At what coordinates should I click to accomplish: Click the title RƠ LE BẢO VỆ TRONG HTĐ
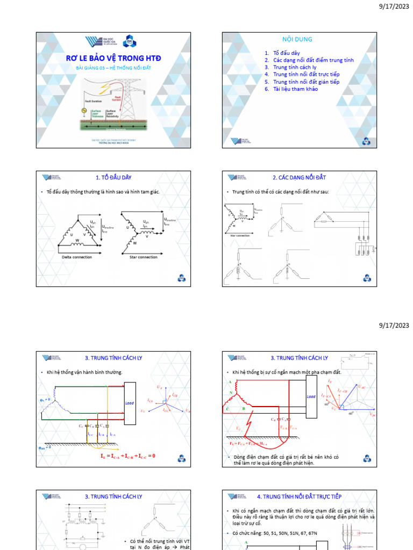point(113,58)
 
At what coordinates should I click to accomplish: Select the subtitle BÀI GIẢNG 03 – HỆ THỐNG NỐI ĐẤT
point(113,69)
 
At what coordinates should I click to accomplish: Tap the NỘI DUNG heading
point(297,39)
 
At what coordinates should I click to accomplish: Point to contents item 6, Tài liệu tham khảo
point(295,89)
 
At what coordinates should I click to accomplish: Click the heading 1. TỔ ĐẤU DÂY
point(113,177)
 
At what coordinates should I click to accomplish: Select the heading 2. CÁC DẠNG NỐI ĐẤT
point(299,177)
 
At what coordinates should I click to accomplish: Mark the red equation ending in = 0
point(127,456)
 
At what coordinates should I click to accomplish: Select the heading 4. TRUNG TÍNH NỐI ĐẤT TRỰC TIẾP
point(299,497)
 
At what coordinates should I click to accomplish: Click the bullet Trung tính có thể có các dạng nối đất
point(280,192)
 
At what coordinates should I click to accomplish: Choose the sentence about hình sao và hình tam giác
point(103,192)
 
